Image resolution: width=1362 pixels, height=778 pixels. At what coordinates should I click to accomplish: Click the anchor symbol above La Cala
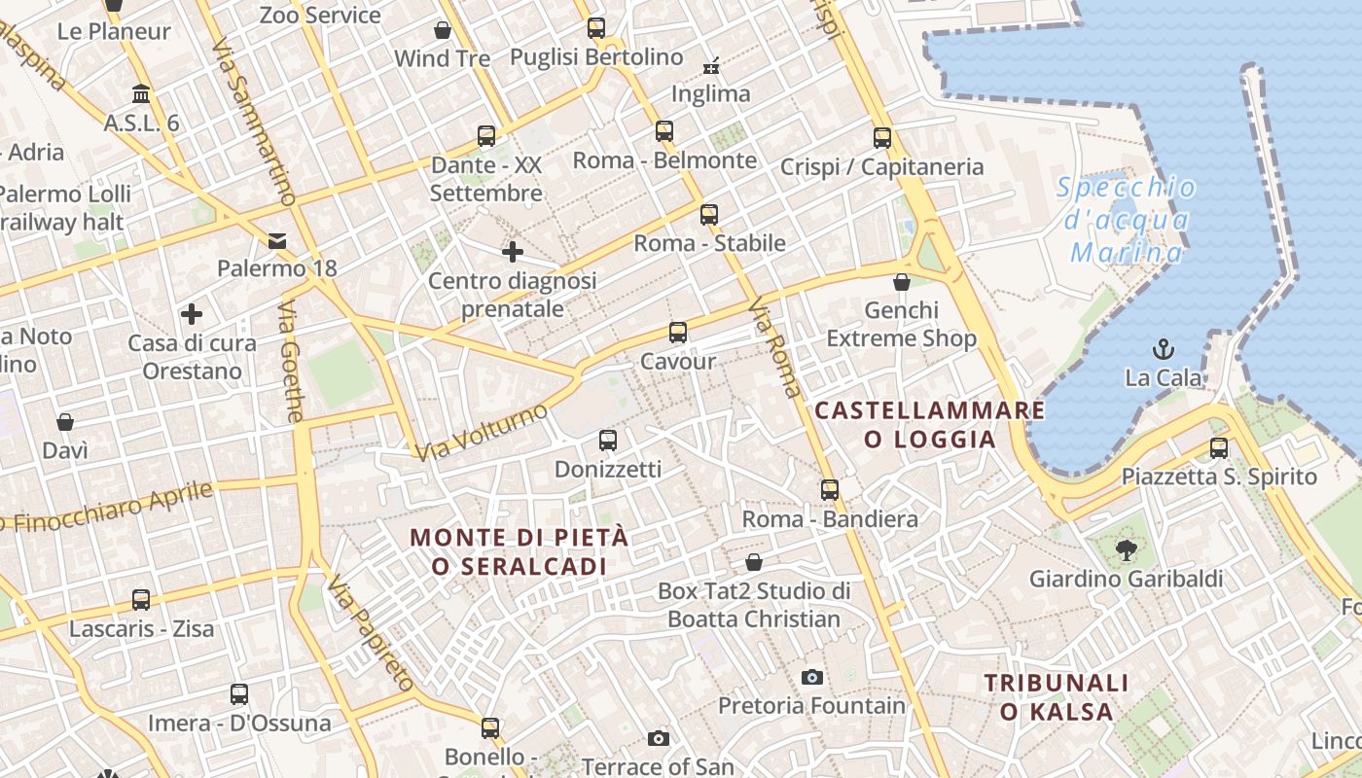[1163, 348]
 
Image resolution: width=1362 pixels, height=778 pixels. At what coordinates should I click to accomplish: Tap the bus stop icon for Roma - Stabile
[709, 214]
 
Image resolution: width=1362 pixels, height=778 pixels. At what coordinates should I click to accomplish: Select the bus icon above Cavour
[678, 333]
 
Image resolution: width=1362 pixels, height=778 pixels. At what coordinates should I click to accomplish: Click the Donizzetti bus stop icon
[608, 441]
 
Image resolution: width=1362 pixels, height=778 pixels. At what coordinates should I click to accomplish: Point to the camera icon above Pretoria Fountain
[811, 677]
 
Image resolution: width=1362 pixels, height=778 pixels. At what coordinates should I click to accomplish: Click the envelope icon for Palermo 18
[277, 240]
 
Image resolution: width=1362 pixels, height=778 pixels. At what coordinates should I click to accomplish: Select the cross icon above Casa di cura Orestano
[192, 314]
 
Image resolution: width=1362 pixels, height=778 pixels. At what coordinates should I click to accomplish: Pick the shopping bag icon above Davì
[65, 422]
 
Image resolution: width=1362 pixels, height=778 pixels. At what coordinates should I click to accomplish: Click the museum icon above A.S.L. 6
[141, 94]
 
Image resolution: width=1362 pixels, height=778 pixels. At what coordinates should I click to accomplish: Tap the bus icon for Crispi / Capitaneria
[882, 138]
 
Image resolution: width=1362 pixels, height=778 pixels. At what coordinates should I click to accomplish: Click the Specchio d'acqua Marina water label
[1127, 220]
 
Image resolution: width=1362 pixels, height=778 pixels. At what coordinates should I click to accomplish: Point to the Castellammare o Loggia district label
[930, 424]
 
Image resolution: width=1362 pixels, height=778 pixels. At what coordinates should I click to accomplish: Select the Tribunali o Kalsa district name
[1057, 697]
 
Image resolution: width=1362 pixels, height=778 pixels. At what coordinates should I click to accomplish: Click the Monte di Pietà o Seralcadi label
[520, 551]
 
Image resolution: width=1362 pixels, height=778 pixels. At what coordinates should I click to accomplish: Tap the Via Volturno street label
[482, 432]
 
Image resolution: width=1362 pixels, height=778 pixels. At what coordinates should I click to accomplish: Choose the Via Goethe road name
[291, 361]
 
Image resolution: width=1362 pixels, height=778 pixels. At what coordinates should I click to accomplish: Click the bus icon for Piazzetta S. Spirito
[1219, 448]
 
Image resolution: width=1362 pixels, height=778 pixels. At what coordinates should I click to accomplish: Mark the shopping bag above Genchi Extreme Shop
[902, 282]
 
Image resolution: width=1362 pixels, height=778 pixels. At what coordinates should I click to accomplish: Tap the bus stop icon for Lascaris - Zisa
[141, 600]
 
